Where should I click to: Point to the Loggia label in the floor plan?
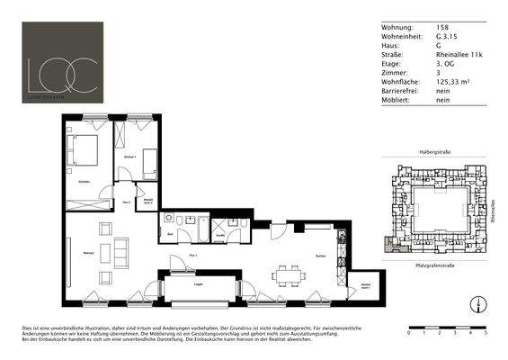coord(199,283)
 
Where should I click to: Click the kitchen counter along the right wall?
coord(340,255)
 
